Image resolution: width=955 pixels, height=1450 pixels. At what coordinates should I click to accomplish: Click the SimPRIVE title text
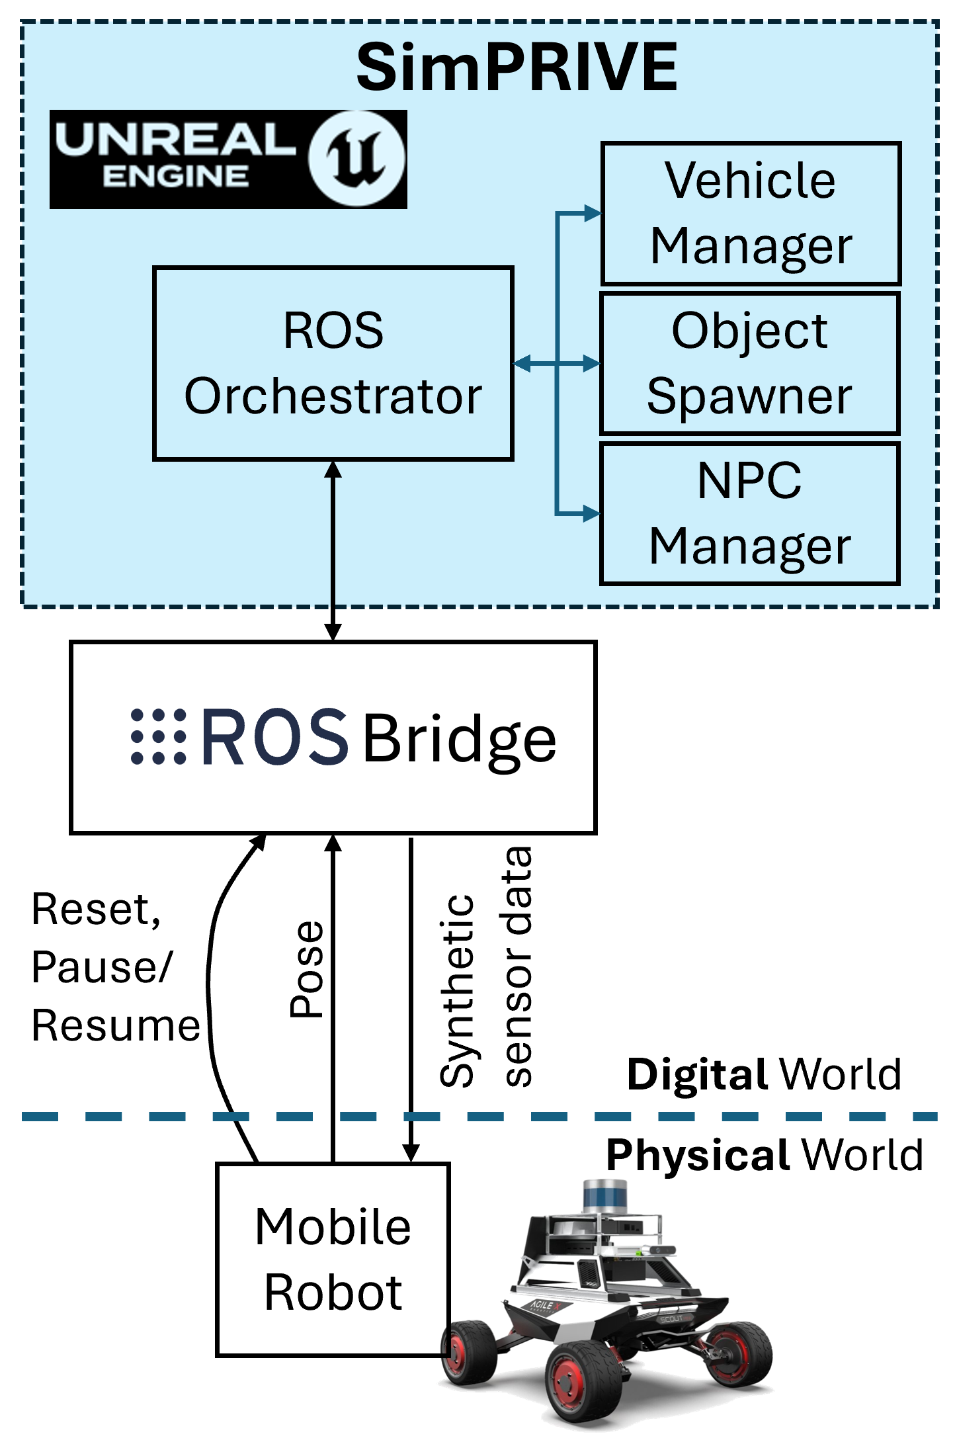[x=517, y=67]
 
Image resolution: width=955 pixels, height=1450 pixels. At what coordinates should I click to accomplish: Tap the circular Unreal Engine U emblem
[x=356, y=158]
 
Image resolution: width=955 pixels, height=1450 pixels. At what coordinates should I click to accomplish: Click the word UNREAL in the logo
[x=175, y=140]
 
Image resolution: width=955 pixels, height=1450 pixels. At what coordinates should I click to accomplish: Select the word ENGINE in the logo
[x=175, y=177]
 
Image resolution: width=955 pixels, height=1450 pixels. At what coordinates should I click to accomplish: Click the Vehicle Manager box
[x=750, y=213]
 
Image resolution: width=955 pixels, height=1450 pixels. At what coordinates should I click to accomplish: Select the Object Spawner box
[x=749, y=363]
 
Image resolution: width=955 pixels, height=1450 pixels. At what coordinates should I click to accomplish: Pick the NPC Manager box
[x=749, y=513]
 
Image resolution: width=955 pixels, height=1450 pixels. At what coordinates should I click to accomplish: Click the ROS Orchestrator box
[x=333, y=363]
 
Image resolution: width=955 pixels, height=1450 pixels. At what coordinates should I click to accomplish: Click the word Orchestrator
[x=333, y=396]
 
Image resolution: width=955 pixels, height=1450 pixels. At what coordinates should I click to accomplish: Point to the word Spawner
[x=749, y=396]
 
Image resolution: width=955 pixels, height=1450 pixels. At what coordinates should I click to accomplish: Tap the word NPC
[x=749, y=481]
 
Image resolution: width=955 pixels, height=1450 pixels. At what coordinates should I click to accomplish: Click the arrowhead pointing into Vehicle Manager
[x=592, y=213]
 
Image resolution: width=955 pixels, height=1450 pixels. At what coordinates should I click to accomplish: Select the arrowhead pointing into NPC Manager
[x=591, y=513]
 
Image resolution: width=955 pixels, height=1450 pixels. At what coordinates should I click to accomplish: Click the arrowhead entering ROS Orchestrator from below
[x=333, y=470]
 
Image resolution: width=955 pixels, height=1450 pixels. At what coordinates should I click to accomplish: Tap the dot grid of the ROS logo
[x=159, y=736]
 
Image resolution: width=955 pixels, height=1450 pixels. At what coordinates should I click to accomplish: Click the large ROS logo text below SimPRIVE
[x=274, y=736]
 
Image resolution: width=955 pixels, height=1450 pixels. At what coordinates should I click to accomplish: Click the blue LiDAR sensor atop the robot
[x=605, y=1195]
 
